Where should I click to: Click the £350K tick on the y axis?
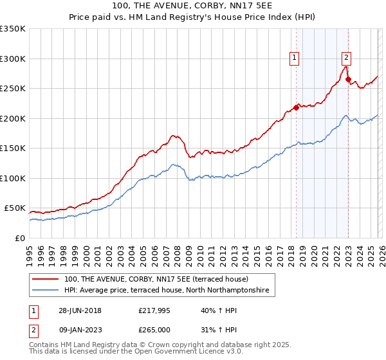(x=13, y=29)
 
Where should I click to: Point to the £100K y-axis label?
(x=13, y=178)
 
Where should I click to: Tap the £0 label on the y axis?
(x=19, y=238)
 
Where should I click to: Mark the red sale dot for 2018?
(x=296, y=108)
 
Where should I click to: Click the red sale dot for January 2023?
(x=348, y=80)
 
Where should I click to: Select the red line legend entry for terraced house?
(x=160, y=280)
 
